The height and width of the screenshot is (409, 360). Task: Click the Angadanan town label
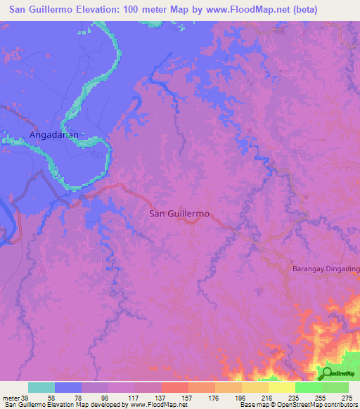(x=56, y=134)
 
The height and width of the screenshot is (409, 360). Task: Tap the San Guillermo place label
(x=179, y=214)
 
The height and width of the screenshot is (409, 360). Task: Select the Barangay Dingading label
(x=326, y=268)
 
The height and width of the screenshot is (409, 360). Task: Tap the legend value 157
(x=188, y=397)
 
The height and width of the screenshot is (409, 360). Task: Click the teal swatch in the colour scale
(x=41, y=387)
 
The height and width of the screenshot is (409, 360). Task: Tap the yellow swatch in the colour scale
(x=282, y=387)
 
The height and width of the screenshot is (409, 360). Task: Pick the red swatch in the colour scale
(x=175, y=387)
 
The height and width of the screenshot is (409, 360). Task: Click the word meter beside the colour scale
(x=10, y=397)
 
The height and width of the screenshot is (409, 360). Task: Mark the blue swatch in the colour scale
(x=68, y=387)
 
